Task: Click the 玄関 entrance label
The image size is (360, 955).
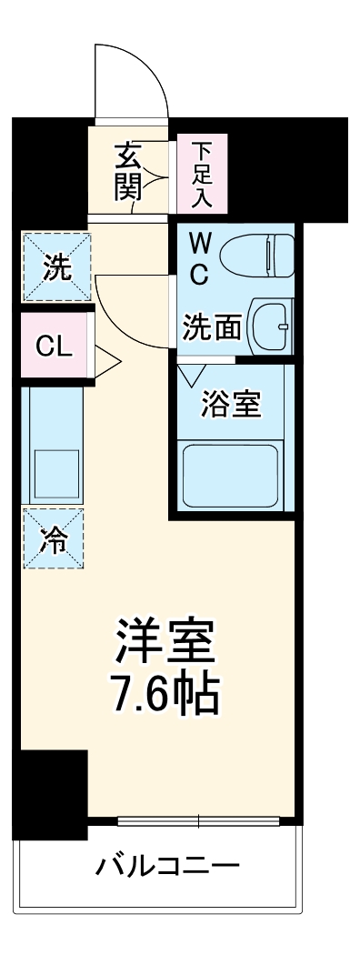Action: pos(126,172)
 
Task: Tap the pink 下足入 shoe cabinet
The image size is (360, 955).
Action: pos(202,173)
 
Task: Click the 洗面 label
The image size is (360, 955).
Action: pos(212,327)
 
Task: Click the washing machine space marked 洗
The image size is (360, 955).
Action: pos(56,268)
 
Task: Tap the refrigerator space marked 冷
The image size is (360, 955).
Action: pos(55,538)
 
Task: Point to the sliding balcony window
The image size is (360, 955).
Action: pos(199,821)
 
